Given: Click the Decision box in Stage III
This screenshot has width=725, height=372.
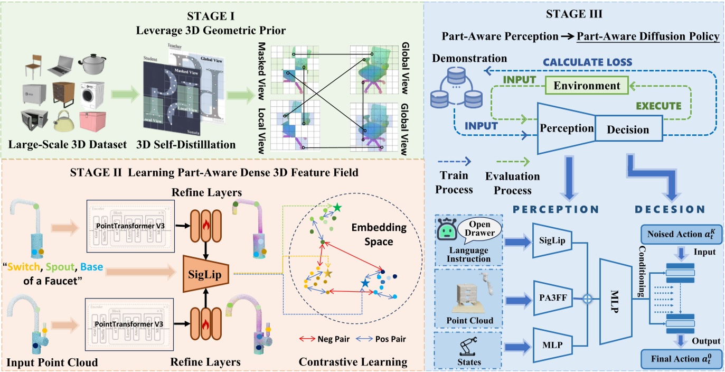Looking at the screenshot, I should [x=628, y=129].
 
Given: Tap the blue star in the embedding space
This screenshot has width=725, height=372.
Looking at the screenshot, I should [x=365, y=284].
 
